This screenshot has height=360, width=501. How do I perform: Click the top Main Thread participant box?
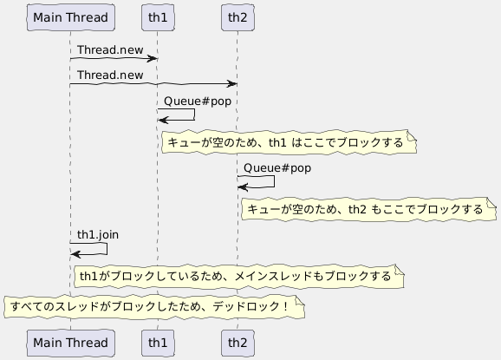coord(70,16)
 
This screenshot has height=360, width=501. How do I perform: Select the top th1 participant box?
coord(158,16)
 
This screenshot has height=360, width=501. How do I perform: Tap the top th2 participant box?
coord(237,16)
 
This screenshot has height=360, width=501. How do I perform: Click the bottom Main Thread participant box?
coord(70,343)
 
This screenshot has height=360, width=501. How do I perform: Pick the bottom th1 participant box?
coord(158,343)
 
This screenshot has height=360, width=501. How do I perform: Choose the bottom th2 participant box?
coord(237,343)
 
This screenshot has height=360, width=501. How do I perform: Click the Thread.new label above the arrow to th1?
coord(110,50)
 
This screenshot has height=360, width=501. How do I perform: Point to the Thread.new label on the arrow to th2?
coord(110,75)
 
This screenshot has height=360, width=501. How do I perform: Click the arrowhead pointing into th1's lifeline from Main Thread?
coord(153,58)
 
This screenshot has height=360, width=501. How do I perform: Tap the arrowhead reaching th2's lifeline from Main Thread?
coord(232,83)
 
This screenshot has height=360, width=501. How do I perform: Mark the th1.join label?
coord(98,233)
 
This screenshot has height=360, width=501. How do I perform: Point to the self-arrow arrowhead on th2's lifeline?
coord(243,187)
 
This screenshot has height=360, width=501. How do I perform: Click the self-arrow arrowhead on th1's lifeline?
coord(163,120)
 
